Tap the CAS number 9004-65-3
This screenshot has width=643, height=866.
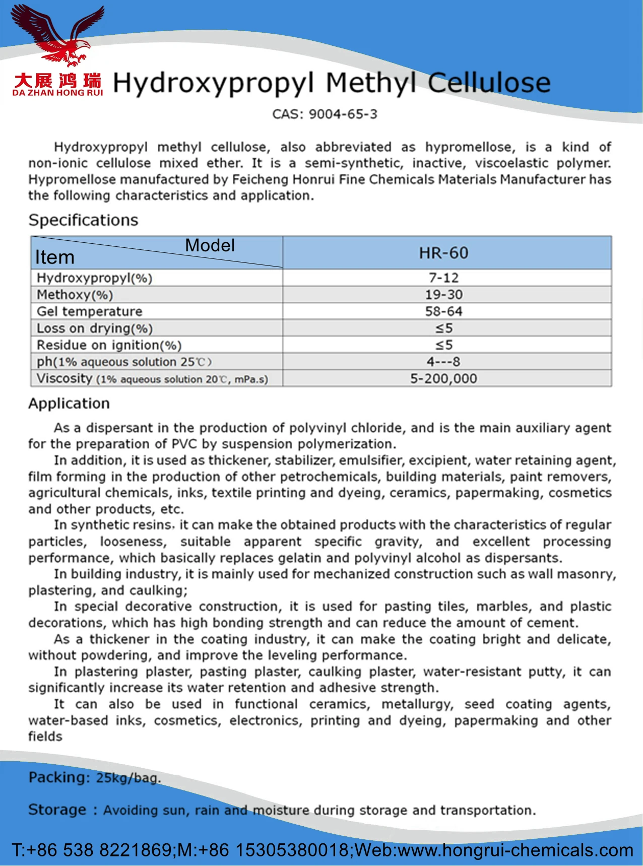point(343,114)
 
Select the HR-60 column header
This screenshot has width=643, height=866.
point(443,253)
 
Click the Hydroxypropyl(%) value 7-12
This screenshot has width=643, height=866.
point(443,278)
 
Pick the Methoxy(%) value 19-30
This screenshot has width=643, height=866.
point(443,295)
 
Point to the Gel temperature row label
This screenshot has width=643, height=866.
point(90,311)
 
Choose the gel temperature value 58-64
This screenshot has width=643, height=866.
point(443,311)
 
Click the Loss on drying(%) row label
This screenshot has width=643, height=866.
point(95,328)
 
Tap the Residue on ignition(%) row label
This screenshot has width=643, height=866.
point(109,345)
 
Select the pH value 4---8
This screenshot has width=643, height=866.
point(443,362)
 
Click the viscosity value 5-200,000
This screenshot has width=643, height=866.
point(443,378)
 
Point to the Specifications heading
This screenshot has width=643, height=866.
point(83,220)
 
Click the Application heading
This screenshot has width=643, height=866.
point(69,404)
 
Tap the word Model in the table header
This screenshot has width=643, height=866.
point(210,245)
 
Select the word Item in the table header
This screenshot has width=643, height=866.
point(54,257)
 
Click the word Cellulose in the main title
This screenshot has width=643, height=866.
point(489,83)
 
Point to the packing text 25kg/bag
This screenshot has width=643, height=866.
point(128,778)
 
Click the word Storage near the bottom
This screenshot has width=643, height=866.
point(57,810)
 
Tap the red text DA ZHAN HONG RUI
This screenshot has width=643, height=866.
point(57,93)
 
